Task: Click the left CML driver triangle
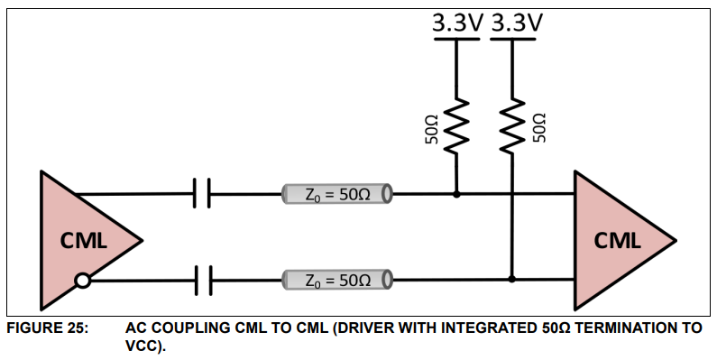click(81, 240)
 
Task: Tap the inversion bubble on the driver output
click(82, 281)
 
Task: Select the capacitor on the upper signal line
click(202, 193)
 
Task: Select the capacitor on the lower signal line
click(202, 281)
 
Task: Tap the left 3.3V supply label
click(457, 23)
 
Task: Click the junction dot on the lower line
click(512, 281)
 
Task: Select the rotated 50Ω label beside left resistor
click(432, 128)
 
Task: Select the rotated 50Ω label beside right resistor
click(538, 128)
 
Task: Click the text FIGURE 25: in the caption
click(47, 328)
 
